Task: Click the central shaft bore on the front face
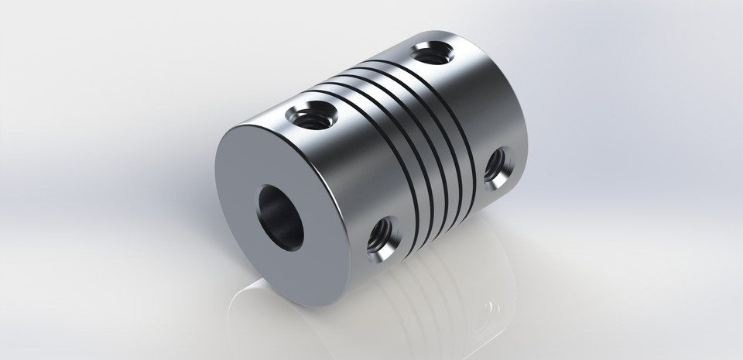click(x=280, y=217)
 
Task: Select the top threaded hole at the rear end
click(x=433, y=53)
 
